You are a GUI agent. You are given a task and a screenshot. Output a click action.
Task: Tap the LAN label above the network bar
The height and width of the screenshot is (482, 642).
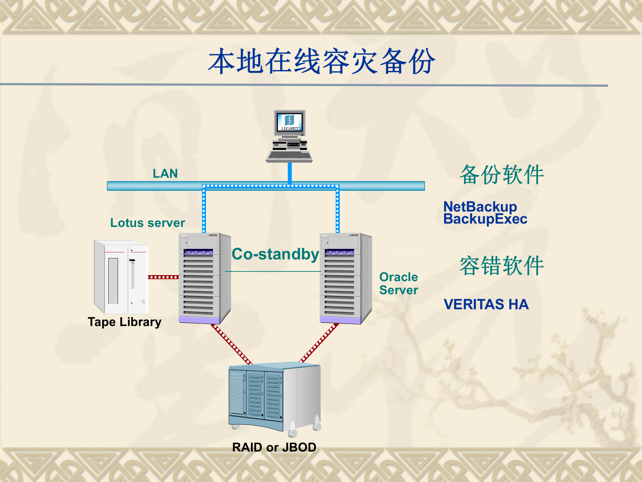(x=165, y=173)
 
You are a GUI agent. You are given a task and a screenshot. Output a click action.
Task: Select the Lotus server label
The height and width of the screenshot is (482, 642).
(x=147, y=223)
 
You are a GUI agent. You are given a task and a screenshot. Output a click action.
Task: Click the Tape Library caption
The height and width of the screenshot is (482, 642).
(x=124, y=322)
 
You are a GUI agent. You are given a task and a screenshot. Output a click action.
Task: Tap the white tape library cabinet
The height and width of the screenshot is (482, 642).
(x=121, y=277)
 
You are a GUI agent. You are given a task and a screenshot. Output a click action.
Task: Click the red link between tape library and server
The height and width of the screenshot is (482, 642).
(x=163, y=277)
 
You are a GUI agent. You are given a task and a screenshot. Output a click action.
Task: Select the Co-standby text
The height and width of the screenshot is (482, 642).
(x=275, y=254)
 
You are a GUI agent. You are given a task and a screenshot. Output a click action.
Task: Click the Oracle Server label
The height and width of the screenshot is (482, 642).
(x=399, y=284)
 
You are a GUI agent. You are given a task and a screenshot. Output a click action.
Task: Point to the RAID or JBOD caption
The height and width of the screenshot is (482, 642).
(x=274, y=448)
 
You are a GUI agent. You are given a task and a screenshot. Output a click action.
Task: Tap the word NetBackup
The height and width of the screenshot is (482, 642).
(x=480, y=207)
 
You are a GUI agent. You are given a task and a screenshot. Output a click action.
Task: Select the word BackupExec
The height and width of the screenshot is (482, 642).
(x=485, y=219)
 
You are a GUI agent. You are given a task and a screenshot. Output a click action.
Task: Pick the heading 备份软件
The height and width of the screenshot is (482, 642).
(x=502, y=175)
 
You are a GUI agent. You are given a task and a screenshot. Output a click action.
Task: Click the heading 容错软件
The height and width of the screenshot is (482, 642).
(x=502, y=266)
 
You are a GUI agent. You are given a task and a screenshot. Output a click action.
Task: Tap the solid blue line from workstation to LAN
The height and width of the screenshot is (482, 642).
(x=290, y=172)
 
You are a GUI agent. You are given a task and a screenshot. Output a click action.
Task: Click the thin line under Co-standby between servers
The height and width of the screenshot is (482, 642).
(x=273, y=271)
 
